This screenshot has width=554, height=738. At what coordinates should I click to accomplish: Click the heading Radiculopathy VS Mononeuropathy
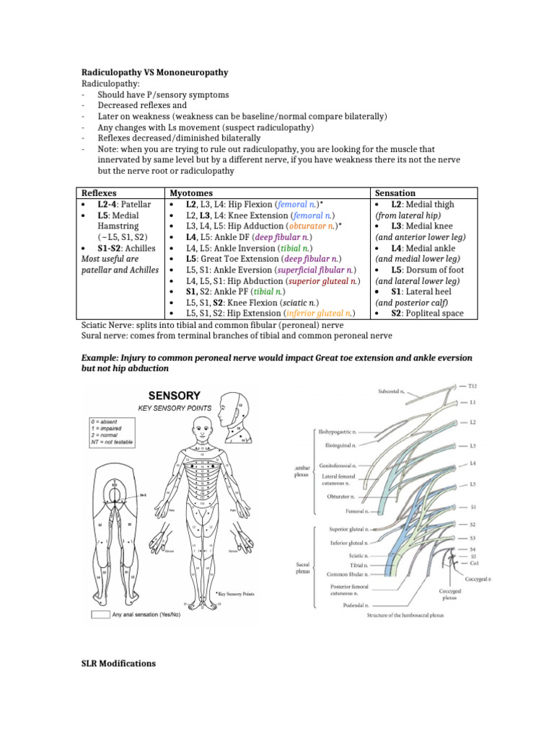[x=154, y=73]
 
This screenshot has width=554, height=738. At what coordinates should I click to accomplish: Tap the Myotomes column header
[x=190, y=193]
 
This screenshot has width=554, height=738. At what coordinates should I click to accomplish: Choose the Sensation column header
[x=395, y=193]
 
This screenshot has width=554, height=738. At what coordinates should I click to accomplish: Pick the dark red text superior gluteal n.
[x=322, y=280]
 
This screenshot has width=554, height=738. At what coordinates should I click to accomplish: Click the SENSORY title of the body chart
[x=174, y=396]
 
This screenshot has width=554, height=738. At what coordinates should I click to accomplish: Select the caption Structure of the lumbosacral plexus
[x=405, y=615]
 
